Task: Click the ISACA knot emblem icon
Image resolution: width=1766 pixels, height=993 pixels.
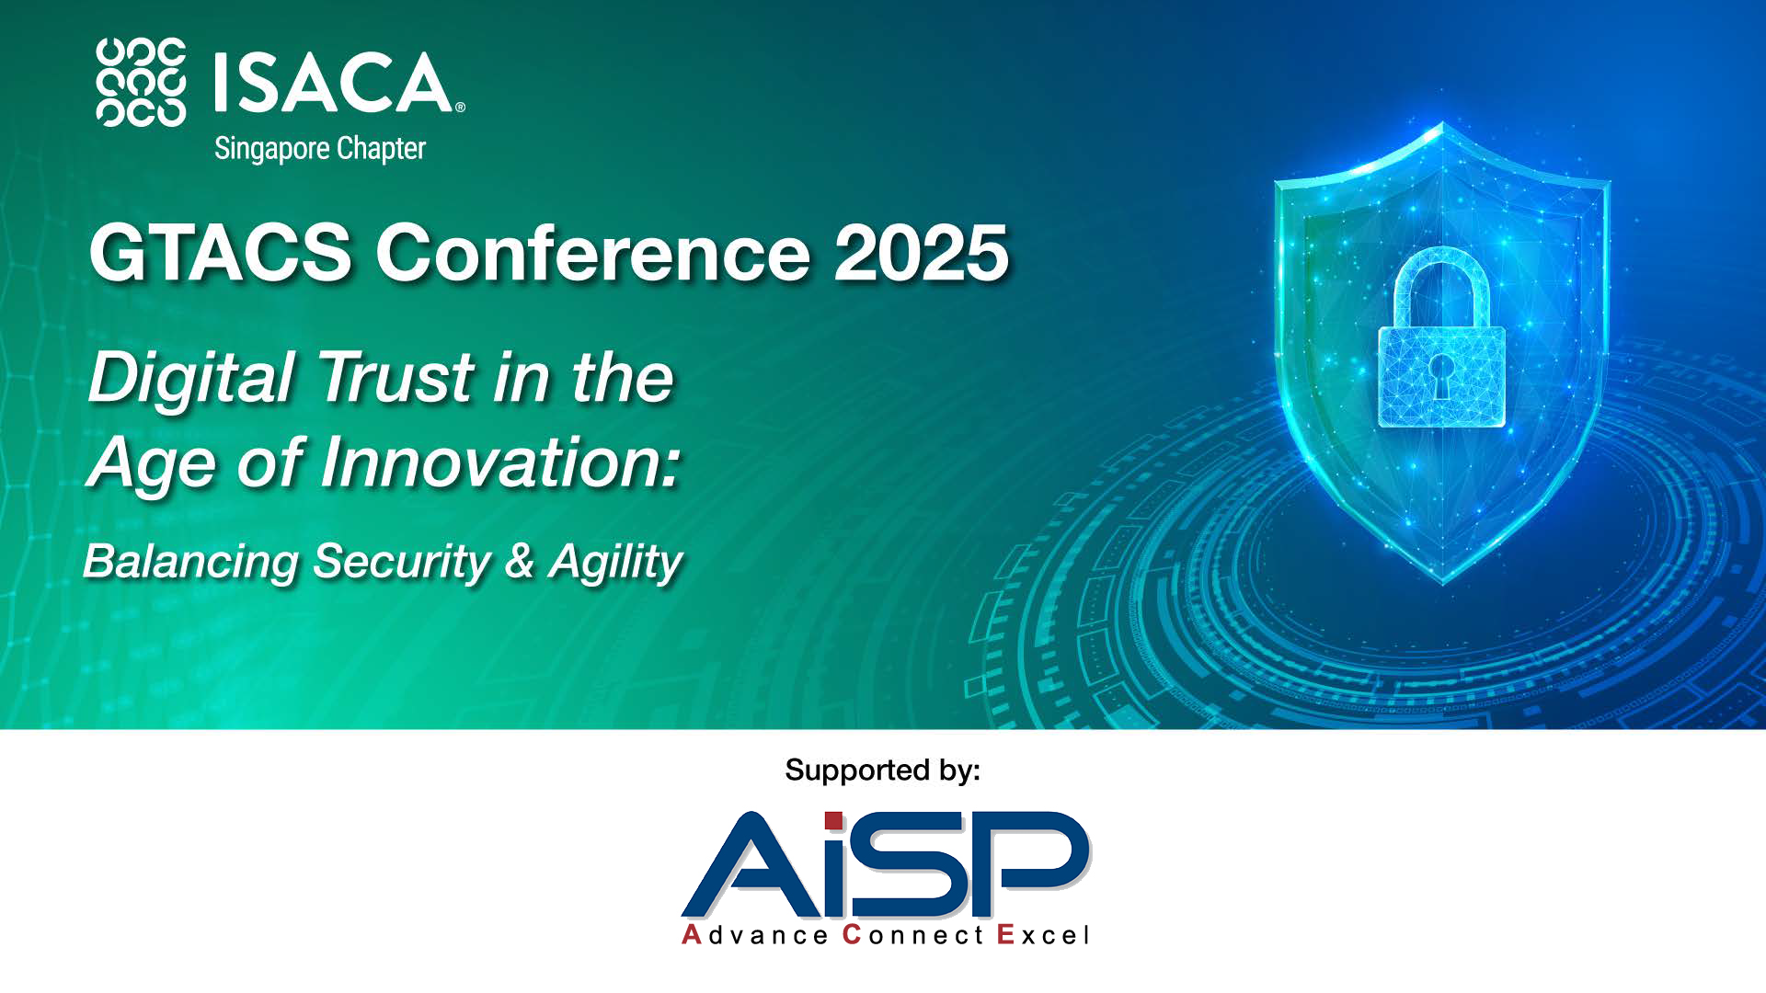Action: click(x=141, y=82)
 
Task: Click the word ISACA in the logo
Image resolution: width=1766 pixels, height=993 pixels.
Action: click(x=334, y=82)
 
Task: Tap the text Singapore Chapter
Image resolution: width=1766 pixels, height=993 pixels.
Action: click(x=319, y=149)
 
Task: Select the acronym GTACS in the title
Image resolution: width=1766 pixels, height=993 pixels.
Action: click(x=221, y=252)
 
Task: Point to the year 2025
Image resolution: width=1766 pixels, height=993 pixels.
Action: click(x=922, y=252)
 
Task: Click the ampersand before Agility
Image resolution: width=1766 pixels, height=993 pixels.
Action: click(x=520, y=561)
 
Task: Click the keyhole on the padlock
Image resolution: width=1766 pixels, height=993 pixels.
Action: click(x=1440, y=376)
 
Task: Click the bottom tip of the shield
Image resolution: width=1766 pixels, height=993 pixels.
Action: click(x=1443, y=582)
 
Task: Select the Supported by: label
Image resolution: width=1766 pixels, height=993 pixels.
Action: click(x=883, y=770)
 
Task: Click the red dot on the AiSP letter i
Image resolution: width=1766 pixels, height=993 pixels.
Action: click(x=833, y=820)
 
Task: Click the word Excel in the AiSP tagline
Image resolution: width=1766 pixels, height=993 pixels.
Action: click(x=1043, y=935)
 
